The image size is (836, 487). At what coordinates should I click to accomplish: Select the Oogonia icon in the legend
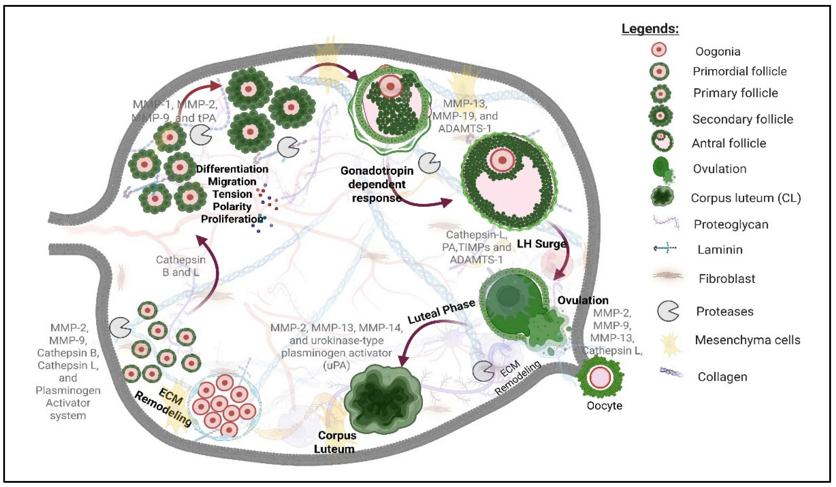[x=659, y=50]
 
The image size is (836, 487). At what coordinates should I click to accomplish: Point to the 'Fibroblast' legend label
[x=726, y=278]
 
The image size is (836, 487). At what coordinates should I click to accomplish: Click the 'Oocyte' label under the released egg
[x=604, y=406]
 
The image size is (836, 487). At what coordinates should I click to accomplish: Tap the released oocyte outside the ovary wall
[x=600, y=378]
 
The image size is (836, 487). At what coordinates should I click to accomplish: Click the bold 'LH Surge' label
[x=542, y=244]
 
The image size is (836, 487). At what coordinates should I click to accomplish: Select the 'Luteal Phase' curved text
[x=441, y=312]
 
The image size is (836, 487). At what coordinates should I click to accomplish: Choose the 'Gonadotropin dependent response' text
[x=377, y=184]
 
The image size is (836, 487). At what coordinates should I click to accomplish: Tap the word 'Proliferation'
[x=232, y=219]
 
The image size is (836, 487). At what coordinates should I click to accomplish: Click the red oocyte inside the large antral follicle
[x=502, y=160]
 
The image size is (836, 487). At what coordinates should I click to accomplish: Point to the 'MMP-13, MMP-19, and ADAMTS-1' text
[x=465, y=116]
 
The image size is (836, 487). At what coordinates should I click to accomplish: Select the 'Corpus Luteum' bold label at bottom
[x=336, y=442]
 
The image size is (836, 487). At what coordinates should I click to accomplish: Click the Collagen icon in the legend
[x=671, y=373]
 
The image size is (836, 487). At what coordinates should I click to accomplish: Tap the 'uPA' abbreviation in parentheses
[x=336, y=365]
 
